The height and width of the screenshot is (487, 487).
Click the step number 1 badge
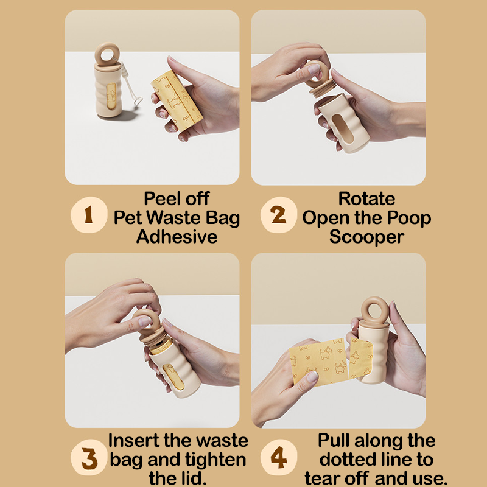(89, 215)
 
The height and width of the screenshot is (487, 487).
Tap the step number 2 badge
(279, 215)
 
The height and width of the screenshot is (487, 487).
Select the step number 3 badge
(89, 457)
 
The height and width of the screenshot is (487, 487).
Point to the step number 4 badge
(279, 457)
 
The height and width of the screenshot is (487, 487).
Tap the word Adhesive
(177, 237)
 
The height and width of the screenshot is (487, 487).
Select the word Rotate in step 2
(366, 198)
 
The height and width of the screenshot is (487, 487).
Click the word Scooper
(366, 237)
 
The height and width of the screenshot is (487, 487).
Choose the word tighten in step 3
(215, 460)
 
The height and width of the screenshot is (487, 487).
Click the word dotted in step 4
(347, 460)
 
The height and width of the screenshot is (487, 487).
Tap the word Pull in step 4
(334, 440)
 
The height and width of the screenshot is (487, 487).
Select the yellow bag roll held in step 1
(177, 100)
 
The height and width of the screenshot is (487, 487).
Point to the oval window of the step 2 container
(343, 128)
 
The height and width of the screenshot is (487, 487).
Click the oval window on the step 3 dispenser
(173, 376)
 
